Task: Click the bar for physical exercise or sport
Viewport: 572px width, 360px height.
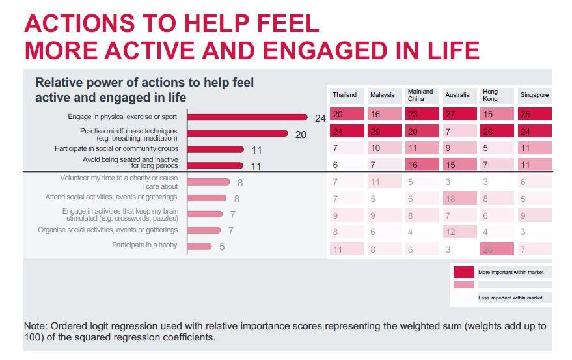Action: [x=247, y=117]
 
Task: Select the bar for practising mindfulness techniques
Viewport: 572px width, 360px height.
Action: [x=238, y=133]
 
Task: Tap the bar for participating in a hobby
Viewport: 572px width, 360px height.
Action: [x=200, y=246]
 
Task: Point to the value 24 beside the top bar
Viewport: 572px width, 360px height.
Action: [x=320, y=118]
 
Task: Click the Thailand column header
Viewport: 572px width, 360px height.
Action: [x=345, y=95]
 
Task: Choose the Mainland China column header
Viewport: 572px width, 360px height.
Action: [x=420, y=95]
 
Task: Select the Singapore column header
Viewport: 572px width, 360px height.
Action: [x=534, y=95]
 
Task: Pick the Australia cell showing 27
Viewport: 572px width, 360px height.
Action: [x=458, y=114]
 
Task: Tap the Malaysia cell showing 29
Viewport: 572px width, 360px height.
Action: [x=383, y=131]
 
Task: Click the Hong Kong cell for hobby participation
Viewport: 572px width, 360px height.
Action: [x=497, y=249]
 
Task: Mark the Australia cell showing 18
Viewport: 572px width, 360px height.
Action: [x=458, y=198]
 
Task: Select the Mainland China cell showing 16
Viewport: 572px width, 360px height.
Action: [x=420, y=165]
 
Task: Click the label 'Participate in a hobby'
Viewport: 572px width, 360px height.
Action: [x=144, y=245]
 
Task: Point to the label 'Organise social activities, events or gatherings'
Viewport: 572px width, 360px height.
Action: [x=108, y=230]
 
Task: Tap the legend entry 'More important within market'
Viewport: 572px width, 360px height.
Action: [x=510, y=272]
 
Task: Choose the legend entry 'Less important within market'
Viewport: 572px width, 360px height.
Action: [x=510, y=298]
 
